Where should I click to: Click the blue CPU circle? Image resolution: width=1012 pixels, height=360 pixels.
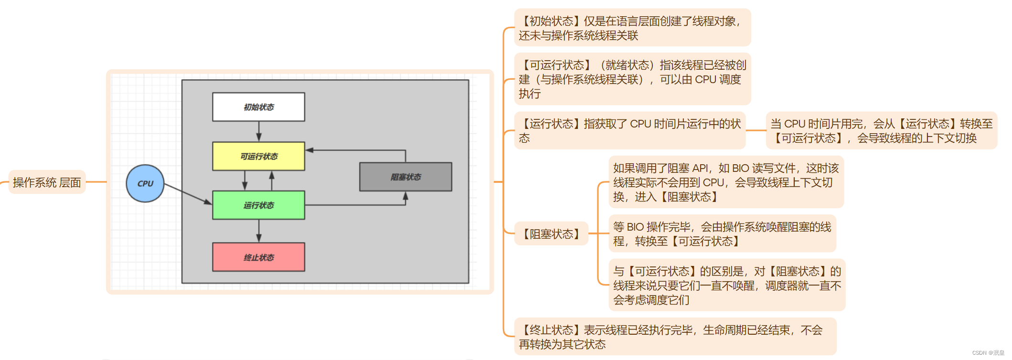click(145, 183)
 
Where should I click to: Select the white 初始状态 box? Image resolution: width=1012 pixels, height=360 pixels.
click(258, 107)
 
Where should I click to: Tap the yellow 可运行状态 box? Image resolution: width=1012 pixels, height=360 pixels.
click(258, 156)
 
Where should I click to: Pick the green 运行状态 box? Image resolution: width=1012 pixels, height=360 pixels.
click(258, 205)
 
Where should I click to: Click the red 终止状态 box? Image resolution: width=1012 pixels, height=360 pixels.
click(258, 257)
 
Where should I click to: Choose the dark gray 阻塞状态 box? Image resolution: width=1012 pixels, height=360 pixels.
click(405, 177)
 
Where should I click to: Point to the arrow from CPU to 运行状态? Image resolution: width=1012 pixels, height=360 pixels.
click(188, 194)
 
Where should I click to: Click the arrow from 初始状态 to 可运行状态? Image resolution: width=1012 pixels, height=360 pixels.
click(259, 131)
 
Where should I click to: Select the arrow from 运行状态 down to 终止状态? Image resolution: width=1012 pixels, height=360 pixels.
click(259, 231)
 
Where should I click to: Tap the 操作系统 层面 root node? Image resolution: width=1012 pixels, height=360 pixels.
click(47, 182)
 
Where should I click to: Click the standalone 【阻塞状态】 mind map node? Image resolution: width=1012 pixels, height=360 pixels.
click(551, 234)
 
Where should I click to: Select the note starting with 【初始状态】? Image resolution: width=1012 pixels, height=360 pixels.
click(632, 28)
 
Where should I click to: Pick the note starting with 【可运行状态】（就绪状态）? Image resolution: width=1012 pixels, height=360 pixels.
click(632, 79)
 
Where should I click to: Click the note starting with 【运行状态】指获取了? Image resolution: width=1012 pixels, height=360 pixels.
click(629, 131)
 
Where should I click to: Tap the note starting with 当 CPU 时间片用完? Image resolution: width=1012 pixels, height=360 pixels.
click(881, 131)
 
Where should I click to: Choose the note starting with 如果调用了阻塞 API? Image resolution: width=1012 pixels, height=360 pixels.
click(726, 182)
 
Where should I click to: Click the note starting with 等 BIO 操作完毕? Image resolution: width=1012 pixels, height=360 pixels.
click(722, 234)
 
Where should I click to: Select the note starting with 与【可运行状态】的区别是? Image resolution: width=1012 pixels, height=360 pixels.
click(727, 286)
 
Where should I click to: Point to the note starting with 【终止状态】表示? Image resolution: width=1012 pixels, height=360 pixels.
click(675, 337)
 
